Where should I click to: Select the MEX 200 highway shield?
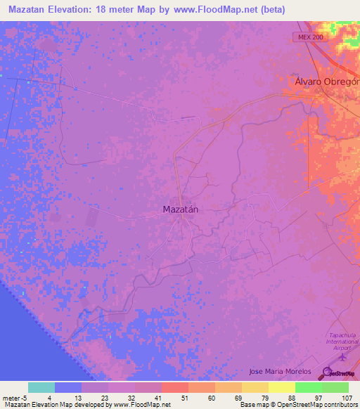(310, 38)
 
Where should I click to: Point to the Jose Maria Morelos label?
(280, 371)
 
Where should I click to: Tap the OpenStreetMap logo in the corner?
(340, 374)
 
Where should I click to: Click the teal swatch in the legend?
(41, 387)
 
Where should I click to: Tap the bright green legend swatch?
(309, 387)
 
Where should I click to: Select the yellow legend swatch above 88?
(282, 387)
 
